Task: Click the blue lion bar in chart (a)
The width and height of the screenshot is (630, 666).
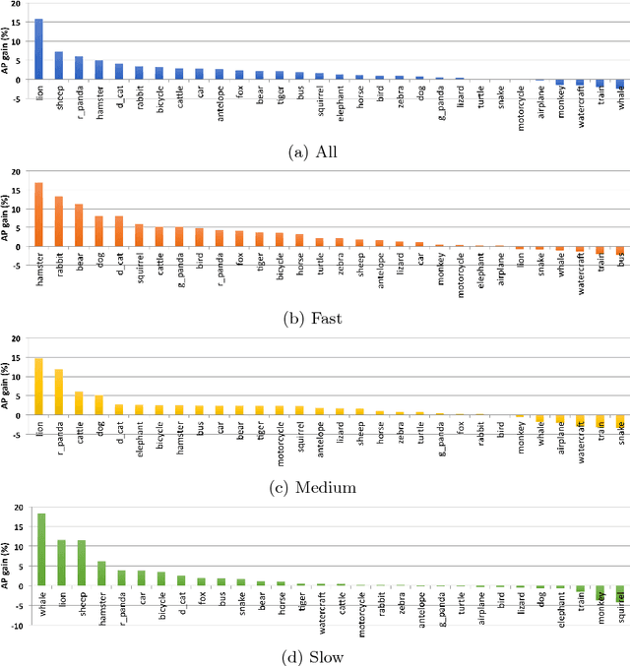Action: click(x=39, y=49)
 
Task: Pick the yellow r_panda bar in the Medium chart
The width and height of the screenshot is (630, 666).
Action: click(x=58, y=393)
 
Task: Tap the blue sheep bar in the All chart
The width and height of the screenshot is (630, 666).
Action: click(x=58, y=65)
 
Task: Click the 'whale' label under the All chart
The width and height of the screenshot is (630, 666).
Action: click(x=620, y=103)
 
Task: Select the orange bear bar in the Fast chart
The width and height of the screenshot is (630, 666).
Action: click(x=79, y=225)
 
